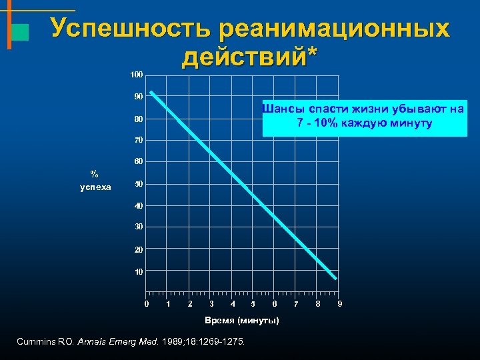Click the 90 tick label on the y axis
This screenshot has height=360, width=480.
click(138, 97)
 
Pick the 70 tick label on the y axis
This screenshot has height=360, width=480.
click(138, 141)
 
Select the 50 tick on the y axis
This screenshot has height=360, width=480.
click(138, 184)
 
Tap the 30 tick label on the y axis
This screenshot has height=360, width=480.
click(138, 227)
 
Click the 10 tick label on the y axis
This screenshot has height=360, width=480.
click(138, 272)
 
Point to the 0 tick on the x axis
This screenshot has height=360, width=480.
click(147, 305)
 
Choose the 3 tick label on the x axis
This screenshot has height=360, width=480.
click(211, 305)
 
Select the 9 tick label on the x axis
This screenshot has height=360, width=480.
click(340, 305)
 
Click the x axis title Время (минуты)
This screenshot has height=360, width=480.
click(241, 321)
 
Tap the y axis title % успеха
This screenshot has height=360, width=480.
click(95, 181)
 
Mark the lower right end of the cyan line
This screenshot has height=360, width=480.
click(335, 278)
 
